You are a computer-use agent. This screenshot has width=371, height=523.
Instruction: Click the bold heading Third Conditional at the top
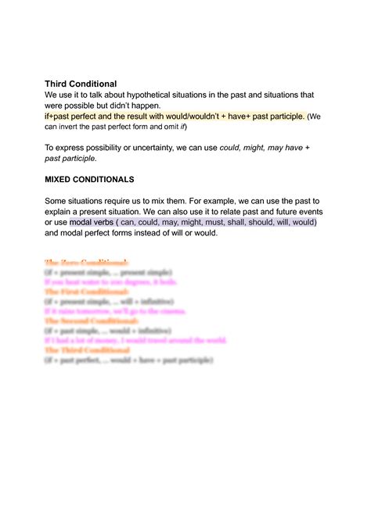click(81, 83)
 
